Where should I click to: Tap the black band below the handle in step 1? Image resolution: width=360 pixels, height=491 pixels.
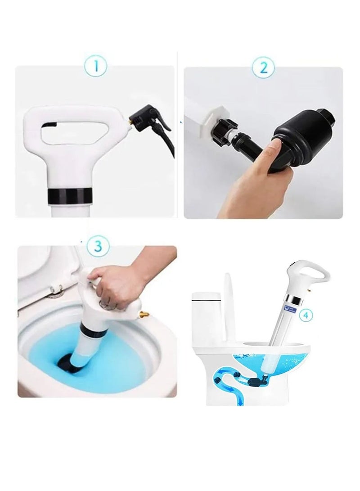tap(70, 196)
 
